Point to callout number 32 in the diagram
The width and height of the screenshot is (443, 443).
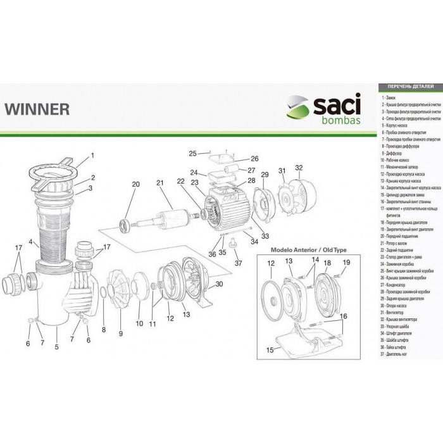click(x=299, y=168)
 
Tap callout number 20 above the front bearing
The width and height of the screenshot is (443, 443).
click(x=135, y=184)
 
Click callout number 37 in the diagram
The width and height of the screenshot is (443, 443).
click(x=238, y=263)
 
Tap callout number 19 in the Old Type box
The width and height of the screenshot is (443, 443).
click(x=346, y=262)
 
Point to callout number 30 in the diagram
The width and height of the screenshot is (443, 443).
click(x=220, y=284)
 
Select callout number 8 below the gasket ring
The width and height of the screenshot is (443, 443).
click(x=103, y=329)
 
